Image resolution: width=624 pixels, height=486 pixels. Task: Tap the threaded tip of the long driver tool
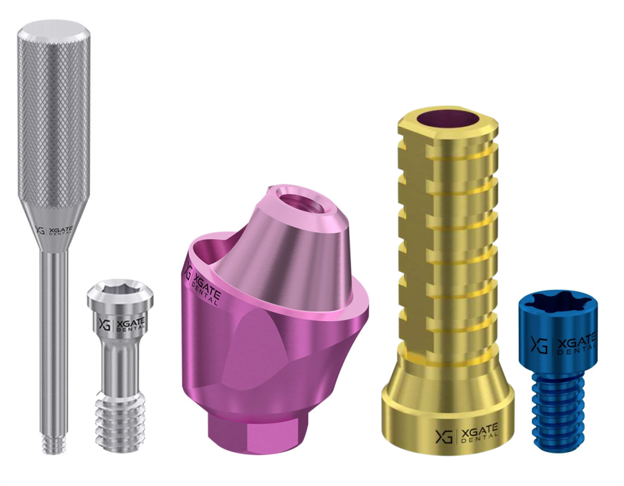pos(53,445)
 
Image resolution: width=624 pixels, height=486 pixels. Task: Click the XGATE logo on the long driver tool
pos(54,231)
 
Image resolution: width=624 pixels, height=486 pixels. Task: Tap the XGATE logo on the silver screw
pos(122,324)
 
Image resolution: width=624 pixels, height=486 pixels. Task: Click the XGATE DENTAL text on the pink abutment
pos(204,286)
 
